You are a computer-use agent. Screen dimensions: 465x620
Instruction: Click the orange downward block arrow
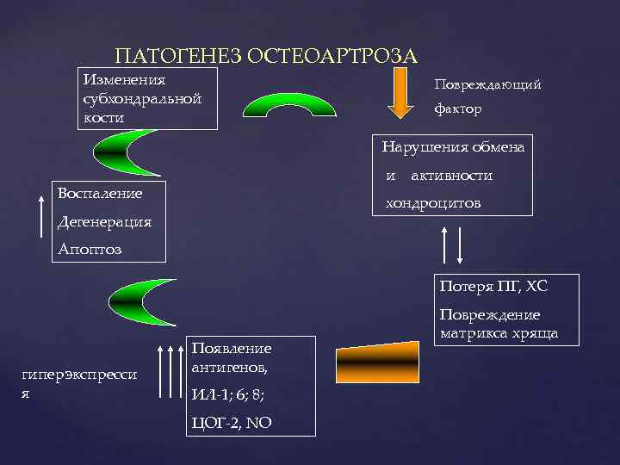[400, 94]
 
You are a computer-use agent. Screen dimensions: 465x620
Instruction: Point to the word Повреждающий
[487, 84]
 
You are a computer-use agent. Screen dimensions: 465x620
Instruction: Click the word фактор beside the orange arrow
[457, 110]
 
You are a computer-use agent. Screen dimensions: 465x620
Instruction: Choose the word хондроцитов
[433, 203]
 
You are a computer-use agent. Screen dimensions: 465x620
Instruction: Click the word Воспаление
[100, 193]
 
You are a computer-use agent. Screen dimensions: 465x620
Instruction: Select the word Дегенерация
[104, 221]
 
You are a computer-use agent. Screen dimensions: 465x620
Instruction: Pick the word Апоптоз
[90, 250]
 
